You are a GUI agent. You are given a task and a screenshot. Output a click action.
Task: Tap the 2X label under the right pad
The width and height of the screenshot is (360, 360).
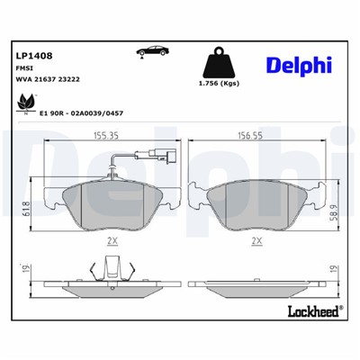[257, 241]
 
